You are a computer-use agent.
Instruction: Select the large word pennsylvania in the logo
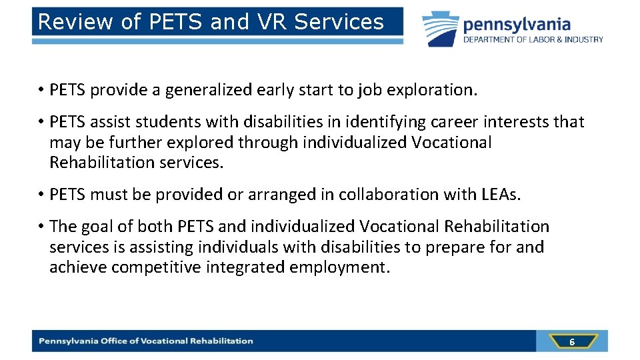(x=517, y=25)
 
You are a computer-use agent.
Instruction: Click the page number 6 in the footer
(x=571, y=342)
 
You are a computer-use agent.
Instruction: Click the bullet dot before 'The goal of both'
(x=41, y=227)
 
